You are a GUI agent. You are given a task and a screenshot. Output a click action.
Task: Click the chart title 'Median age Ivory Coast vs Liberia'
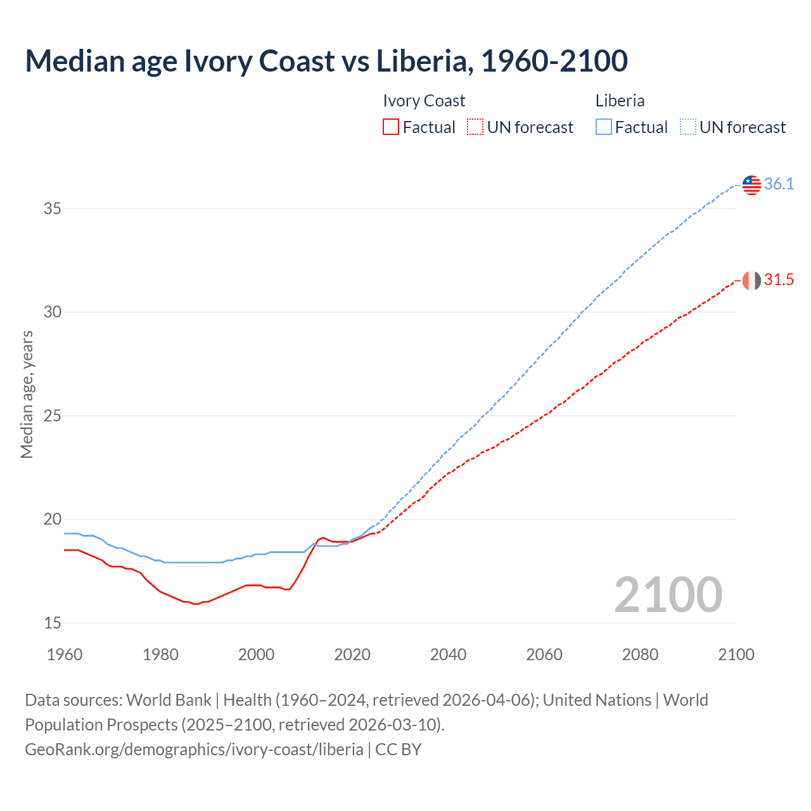[x=326, y=61]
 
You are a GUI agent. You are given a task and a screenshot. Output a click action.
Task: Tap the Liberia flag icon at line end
[x=751, y=184]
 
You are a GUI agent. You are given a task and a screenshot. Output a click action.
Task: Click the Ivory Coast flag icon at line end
[x=751, y=280]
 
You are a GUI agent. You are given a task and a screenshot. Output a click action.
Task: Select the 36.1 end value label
[x=779, y=184]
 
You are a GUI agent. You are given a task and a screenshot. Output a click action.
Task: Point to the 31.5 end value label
[x=779, y=280]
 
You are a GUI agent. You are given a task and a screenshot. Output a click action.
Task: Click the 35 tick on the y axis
[x=53, y=208]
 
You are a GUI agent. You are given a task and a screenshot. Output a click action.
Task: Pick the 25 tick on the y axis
[x=53, y=416]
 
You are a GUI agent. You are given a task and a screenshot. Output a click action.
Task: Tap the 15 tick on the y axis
[x=53, y=623]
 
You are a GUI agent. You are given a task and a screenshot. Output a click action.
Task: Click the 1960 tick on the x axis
[x=65, y=655]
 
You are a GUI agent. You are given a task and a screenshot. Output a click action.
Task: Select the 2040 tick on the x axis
[x=448, y=655]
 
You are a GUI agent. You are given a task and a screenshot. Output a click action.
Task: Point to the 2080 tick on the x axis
[x=640, y=655]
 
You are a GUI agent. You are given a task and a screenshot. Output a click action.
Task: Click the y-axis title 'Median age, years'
[x=27, y=394]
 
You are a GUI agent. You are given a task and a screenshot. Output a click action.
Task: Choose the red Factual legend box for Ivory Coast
[x=391, y=127]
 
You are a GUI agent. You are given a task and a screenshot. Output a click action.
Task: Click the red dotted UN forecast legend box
[x=475, y=127]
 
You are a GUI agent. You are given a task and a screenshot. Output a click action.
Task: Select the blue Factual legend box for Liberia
[x=604, y=127]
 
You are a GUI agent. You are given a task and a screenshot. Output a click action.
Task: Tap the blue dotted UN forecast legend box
[x=687, y=127]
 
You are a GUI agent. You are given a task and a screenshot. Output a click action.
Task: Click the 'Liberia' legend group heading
[x=620, y=101]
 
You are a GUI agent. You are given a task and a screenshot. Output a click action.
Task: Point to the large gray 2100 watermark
[x=668, y=595]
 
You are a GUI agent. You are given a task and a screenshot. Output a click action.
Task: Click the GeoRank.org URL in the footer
[x=194, y=750]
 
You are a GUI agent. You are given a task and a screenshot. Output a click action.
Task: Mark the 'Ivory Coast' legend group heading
[x=424, y=101]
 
